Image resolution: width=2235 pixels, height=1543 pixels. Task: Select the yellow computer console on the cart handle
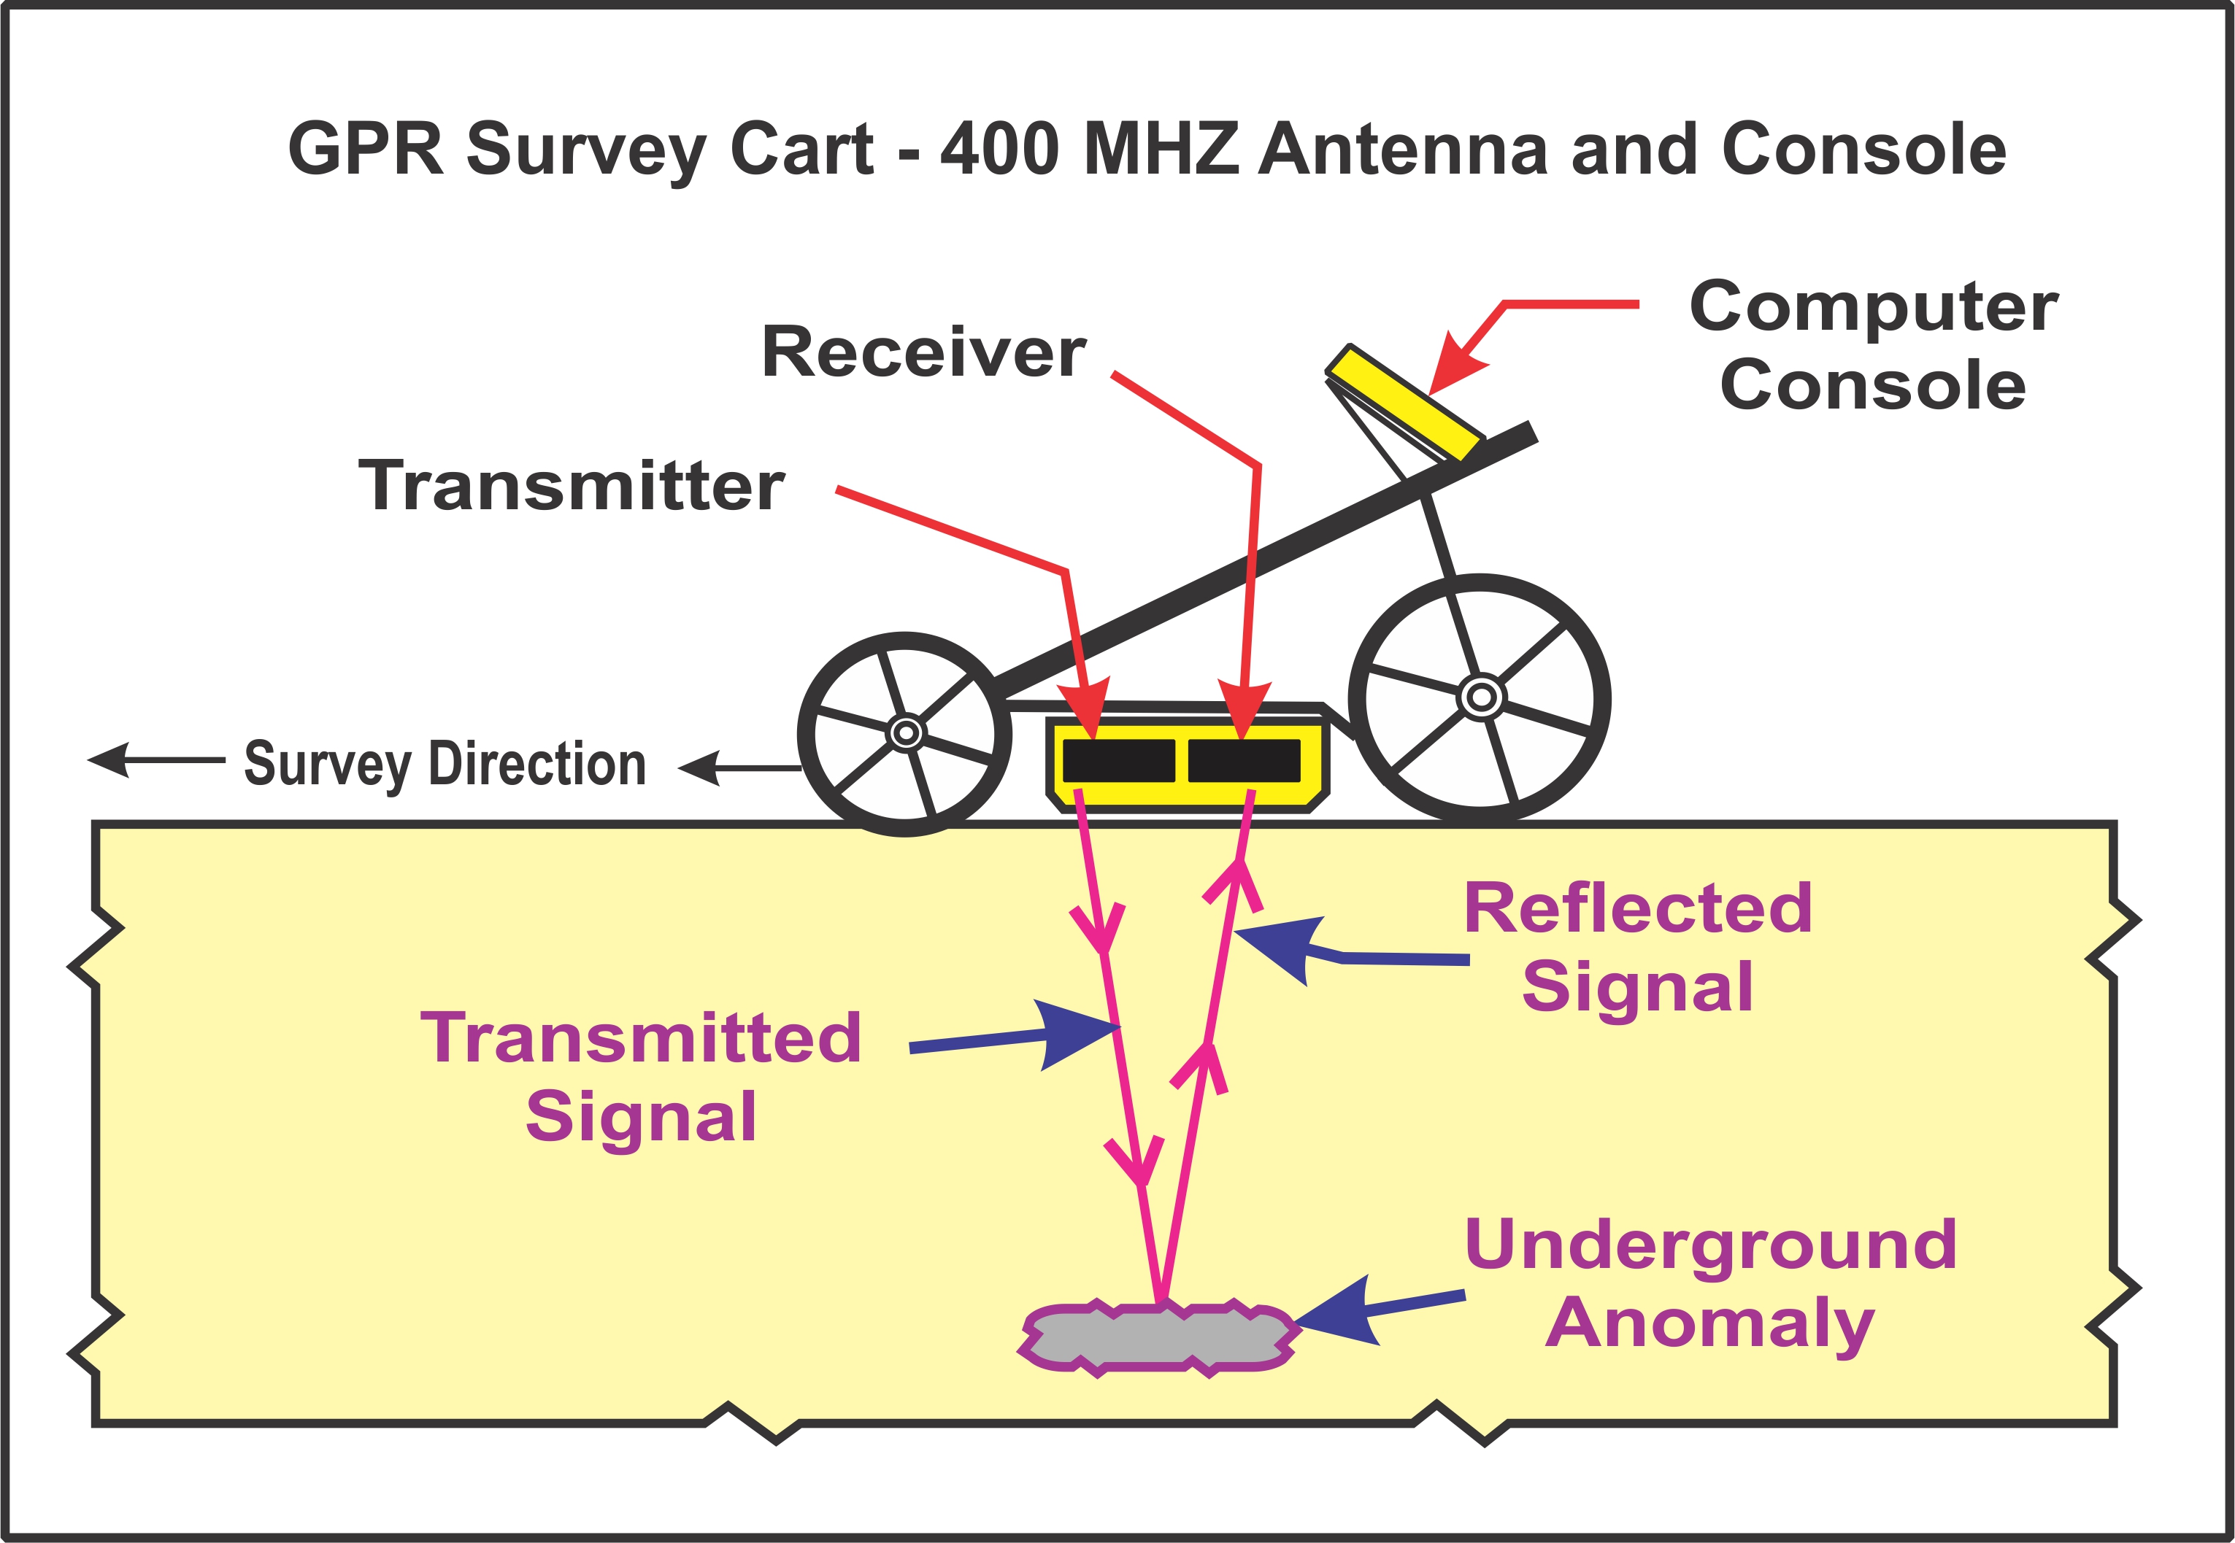pyautogui.click(x=1404, y=402)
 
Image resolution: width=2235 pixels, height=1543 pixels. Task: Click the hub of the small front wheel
pyautogui.click(x=905, y=732)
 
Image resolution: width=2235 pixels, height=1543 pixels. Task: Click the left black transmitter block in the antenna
pyautogui.click(x=1118, y=760)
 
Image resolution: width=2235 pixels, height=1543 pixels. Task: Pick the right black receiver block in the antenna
pyautogui.click(x=1244, y=760)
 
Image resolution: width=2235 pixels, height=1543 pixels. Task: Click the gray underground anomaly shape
pyautogui.click(x=1158, y=1337)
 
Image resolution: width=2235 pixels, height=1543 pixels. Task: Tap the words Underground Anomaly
pyautogui.click(x=1710, y=1283)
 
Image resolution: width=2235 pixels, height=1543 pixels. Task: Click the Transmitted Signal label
pyautogui.click(x=640, y=1076)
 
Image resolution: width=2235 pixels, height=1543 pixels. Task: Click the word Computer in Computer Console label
pyautogui.click(x=1873, y=306)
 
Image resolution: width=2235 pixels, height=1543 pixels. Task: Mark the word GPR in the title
pyautogui.click(x=365, y=150)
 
